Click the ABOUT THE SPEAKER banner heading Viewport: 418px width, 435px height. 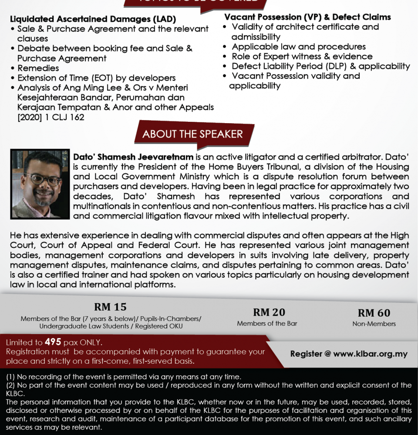(192, 134)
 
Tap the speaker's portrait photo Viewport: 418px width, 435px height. (40, 184)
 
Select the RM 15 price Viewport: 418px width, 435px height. (110, 307)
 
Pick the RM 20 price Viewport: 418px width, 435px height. (269, 312)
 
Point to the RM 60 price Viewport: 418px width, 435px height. (374, 313)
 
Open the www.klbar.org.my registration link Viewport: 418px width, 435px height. (370, 354)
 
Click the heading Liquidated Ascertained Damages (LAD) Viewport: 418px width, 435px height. (93, 19)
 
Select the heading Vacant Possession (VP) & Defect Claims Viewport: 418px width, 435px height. (307, 17)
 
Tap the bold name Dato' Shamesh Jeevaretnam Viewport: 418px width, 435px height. (133, 157)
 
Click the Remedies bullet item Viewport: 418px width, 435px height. (38, 68)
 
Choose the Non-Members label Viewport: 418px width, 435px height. (374, 324)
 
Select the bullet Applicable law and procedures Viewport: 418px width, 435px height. (299, 47)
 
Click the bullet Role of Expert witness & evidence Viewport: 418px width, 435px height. (302, 56)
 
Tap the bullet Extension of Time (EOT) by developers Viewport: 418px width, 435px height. (96, 78)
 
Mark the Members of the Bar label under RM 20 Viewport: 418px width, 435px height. (267, 323)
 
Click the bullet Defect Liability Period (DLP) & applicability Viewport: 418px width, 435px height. (321, 66)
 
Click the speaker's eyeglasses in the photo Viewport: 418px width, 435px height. (43, 179)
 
